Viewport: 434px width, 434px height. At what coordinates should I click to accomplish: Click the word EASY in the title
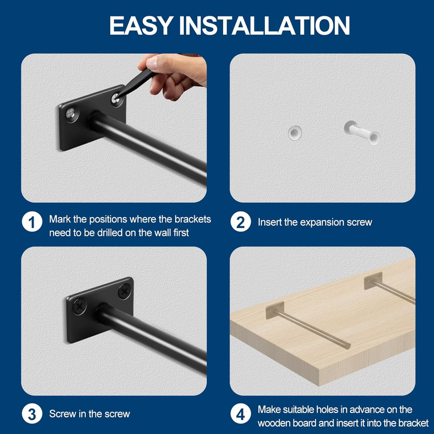click(141, 25)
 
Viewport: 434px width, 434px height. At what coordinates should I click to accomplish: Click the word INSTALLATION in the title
click(265, 25)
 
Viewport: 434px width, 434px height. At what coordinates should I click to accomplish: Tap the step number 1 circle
click(32, 222)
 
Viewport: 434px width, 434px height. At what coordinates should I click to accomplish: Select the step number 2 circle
click(240, 222)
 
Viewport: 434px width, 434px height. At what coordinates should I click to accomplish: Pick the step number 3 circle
click(32, 414)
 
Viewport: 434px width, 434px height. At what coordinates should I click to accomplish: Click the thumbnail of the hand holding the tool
click(172, 76)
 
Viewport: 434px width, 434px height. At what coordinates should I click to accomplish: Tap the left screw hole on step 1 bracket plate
click(72, 114)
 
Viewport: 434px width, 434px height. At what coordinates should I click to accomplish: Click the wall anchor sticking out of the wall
click(362, 133)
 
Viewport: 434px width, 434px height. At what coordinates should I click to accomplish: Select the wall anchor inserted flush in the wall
click(295, 133)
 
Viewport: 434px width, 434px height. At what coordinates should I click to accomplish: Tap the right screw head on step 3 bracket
click(125, 292)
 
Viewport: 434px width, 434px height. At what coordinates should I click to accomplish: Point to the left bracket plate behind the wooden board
click(275, 310)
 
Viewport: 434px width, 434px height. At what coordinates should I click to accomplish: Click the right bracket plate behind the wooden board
click(373, 280)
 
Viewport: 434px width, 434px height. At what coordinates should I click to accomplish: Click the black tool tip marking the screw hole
click(117, 97)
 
